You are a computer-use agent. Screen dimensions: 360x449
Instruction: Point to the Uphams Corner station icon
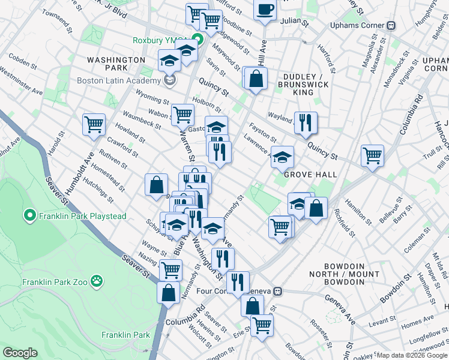392,26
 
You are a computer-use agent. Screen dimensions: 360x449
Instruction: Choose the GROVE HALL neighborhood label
310,174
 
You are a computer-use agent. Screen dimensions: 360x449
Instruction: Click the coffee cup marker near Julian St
265,9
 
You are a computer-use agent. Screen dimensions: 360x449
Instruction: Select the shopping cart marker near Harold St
94,124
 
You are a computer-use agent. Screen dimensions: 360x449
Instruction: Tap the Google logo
20,353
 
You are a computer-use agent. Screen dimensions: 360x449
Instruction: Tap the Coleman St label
417,243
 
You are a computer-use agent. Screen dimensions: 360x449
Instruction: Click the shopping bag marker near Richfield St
316,208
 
